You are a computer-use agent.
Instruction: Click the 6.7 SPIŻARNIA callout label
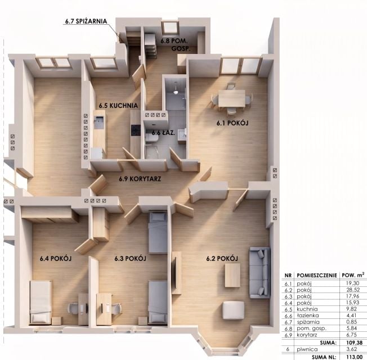click(x=86, y=21)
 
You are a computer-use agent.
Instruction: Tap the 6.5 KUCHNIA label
click(x=118, y=106)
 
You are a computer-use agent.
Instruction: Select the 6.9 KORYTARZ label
click(x=140, y=179)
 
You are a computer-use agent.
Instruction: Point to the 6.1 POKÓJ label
click(x=232, y=123)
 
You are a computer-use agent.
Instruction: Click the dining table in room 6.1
click(x=232, y=98)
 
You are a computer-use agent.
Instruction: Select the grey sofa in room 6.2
click(x=259, y=272)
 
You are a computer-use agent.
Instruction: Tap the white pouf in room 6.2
click(x=234, y=310)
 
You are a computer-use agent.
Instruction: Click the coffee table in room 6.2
click(x=232, y=275)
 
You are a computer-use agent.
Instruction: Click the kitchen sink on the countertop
click(x=99, y=122)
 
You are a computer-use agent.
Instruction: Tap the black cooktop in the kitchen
click(x=136, y=130)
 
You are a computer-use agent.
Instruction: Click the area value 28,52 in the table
click(x=353, y=290)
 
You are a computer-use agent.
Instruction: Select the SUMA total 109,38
click(x=354, y=343)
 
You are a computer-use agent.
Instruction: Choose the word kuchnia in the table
click(x=307, y=309)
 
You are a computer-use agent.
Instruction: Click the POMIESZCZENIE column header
click(x=317, y=275)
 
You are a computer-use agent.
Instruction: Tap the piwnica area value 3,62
click(x=352, y=349)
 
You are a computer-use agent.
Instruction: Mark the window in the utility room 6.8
click(x=170, y=28)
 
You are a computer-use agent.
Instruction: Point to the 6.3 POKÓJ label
click(x=130, y=259)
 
